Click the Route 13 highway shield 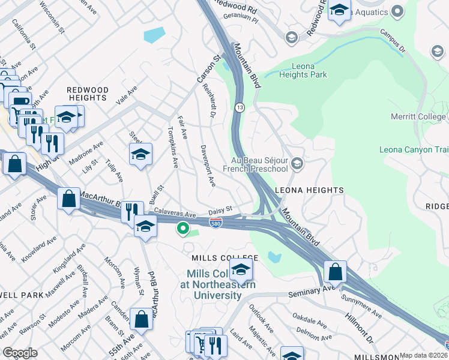click(x=240, y=107)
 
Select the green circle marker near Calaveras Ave click(x=183, y=228)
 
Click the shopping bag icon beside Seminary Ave click(x=335, y=272)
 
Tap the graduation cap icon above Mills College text click(x=241, y=269)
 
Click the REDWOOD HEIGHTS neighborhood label click(x=88, y=94)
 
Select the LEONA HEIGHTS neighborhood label click(x=309, y=190)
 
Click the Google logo click(x=20, y=352)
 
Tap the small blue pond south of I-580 click(x=274, y=257)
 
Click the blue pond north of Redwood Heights click(x=155, y=35)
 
